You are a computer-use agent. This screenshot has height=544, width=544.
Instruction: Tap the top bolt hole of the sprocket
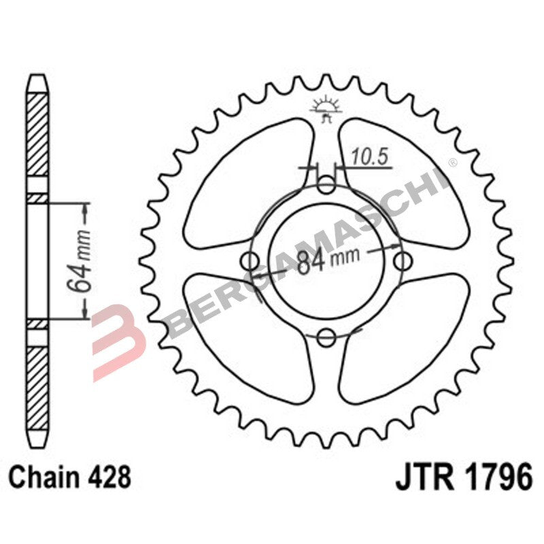click(x=327, y=184)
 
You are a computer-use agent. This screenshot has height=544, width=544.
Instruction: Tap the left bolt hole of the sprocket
click(x=250, y=260)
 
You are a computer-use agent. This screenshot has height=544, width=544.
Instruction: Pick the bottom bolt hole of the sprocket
click(x=327, y=336)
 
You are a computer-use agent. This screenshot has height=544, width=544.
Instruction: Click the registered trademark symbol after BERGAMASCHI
click(x=451, y=163)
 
